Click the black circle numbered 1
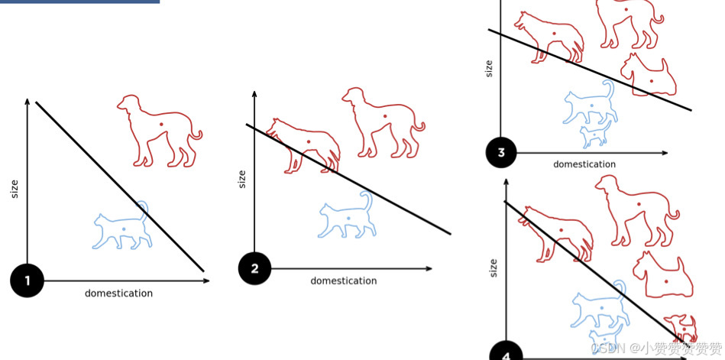28,281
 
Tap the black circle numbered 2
254,268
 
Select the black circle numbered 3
501,153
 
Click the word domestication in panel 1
118,294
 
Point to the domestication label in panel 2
343,281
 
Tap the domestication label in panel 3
584,164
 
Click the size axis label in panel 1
15,188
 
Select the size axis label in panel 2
242,179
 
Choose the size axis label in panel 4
493,267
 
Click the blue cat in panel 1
122,226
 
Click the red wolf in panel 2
304,144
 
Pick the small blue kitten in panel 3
594,135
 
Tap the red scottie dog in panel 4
663,274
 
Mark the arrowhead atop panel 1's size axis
28,102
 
